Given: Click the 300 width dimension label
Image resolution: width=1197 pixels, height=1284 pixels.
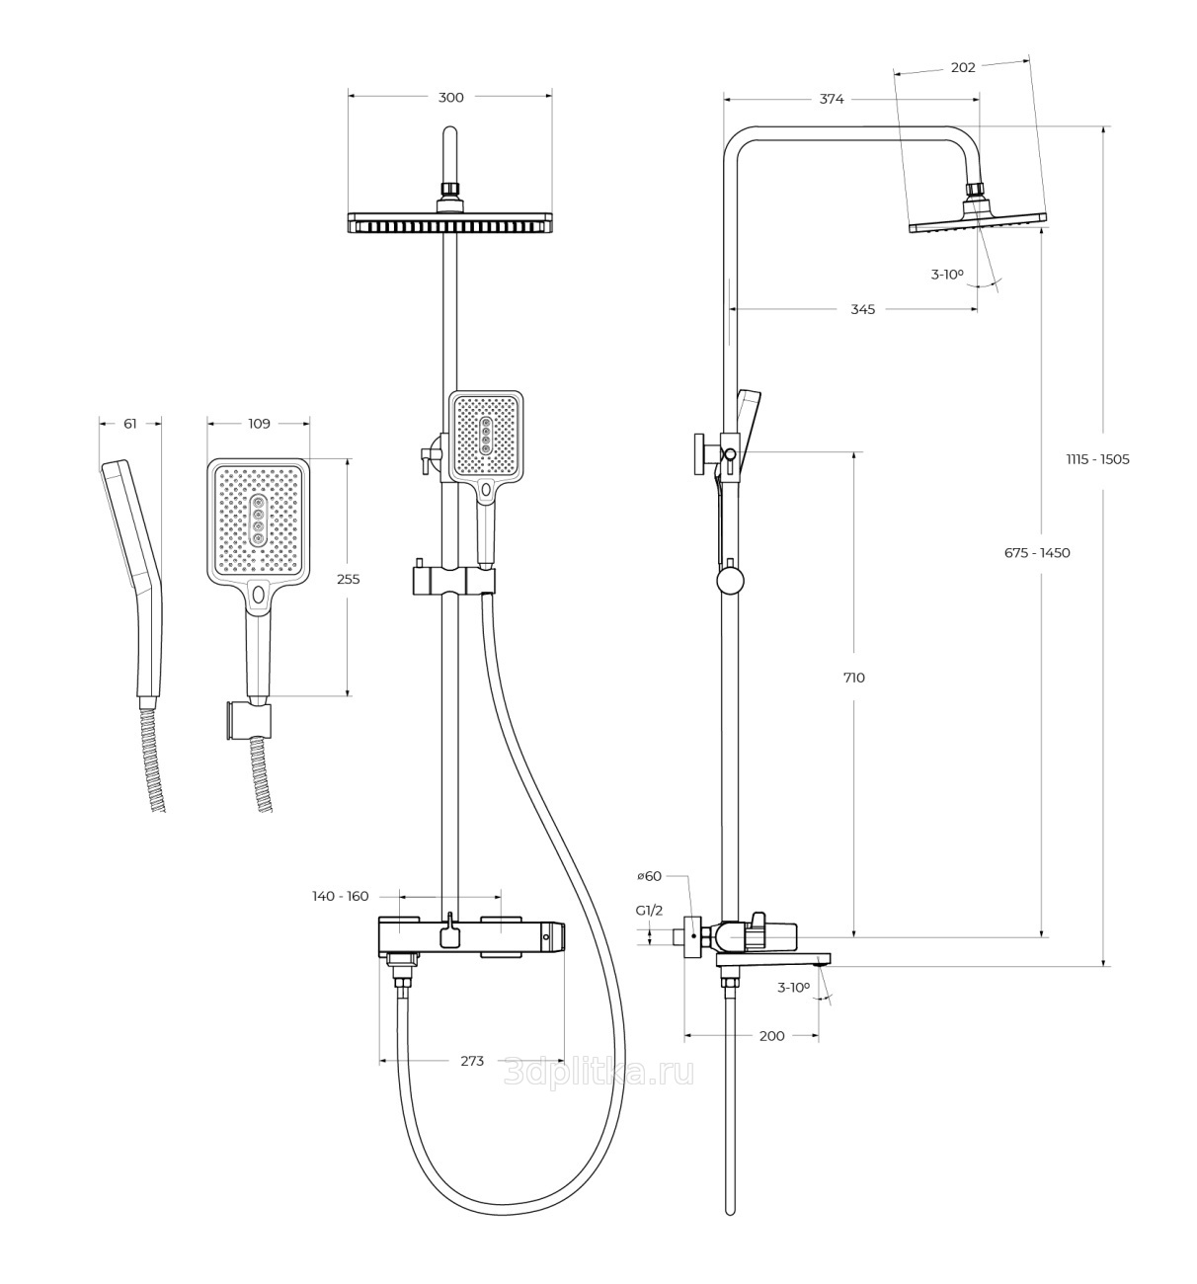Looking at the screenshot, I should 450,97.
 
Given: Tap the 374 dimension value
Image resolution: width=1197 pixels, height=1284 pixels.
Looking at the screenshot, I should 832,99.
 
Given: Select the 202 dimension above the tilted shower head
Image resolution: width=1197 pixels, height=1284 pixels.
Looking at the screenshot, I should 963,68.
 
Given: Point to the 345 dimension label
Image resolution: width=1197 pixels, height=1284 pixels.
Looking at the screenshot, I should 862,309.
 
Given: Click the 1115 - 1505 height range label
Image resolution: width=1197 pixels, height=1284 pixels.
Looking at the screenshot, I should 1097,459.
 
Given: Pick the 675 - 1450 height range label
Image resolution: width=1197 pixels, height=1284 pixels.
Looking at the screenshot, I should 1037,553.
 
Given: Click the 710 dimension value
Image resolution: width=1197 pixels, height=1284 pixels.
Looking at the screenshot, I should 854,678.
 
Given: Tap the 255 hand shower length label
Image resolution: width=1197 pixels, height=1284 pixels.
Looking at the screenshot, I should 348,580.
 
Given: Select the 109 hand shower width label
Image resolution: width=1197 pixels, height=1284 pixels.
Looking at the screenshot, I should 259,424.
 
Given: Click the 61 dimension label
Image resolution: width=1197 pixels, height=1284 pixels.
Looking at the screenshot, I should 130,424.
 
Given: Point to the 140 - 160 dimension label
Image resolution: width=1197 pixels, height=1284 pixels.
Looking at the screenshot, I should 340,897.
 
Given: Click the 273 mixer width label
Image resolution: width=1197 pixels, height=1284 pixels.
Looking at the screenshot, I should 472,1061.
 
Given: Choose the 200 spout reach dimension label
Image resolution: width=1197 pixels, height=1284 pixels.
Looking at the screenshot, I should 771,1036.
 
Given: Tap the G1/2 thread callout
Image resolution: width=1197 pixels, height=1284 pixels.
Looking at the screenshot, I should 649,911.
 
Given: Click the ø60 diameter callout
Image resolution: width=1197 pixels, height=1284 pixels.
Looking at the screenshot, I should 649,876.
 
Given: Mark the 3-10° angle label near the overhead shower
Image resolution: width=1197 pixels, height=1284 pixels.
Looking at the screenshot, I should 946,275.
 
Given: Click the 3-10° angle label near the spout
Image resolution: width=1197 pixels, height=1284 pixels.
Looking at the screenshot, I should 793,987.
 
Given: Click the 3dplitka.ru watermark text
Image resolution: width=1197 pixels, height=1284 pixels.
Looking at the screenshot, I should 598,1072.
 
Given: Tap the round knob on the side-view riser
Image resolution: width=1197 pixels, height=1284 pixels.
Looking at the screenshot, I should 730,580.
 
